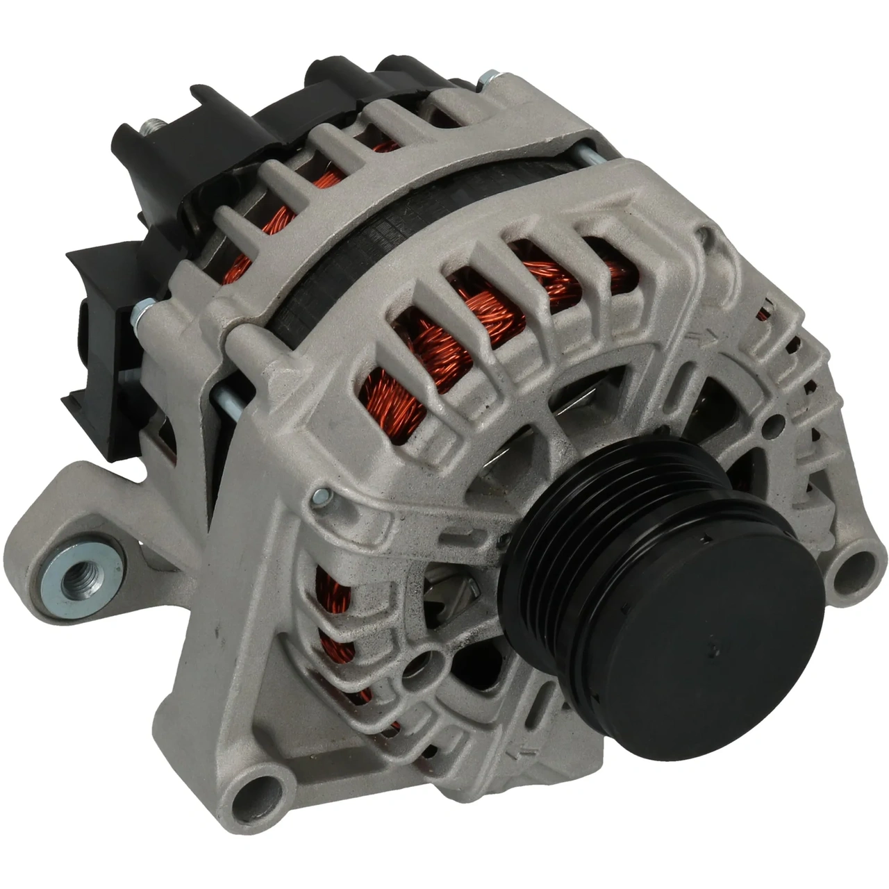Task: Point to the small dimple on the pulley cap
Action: pos(713,647)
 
